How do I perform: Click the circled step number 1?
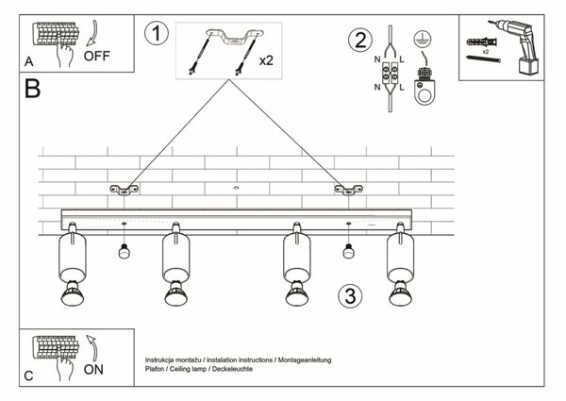pyautogui.click(x=157, y=33)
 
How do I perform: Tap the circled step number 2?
pyautogui.click(x=360, y=40)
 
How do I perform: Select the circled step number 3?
pyautogui.click(x=350, y=296)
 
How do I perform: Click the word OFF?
pyautogui.click(x=97, y=56)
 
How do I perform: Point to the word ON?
pyautogui.click(x=93, y=369)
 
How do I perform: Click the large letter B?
pyautogui.click(x=32, y=89)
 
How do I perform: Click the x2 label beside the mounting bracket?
pyautogui.click(x=266, y=60)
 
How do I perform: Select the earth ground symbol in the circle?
pyautogui.click(x=422, y=39)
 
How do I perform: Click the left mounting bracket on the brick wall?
pyautogui.click(x=125, y=190)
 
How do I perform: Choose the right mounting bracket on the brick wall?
pyautogui.click(x=348, y=190)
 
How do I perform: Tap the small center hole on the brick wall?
pyautogui.click(x=237, y=188)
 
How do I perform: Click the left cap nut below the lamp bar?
pyautogui.click(x=125, y=251)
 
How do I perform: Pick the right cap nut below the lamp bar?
pyautogui.click(x=348, y=251)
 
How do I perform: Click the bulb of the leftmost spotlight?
pyautogui.click(x=73, y=293)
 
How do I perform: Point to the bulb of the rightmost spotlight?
pyautogui.click(x=401, y=293)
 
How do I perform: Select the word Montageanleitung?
pyautogui.click(x=305, y=359)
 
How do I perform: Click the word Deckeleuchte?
pyautogui.click(x=232, y=369)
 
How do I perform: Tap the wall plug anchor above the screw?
pyautogui.click(x=481, y=42)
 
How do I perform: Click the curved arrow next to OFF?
pyautogui.click(x=93, y=32)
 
